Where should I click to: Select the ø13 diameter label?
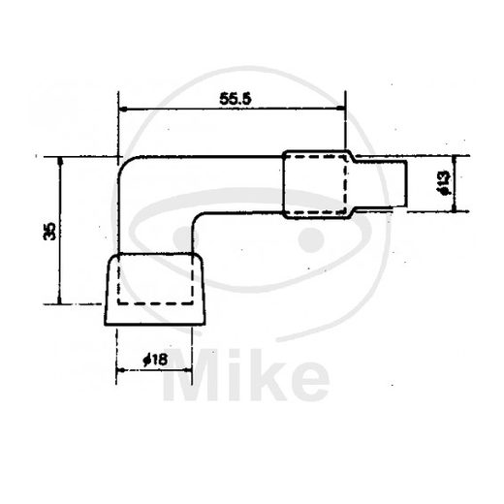tap(441, 183)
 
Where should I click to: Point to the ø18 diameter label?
tap(155, 361)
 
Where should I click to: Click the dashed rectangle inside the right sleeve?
tap(317, 183)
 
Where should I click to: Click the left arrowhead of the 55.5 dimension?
tap(122, 110)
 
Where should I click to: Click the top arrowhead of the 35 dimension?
tap(59, 162)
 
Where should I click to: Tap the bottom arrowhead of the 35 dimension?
tap(59, 300)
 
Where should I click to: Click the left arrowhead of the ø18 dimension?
tap(120, 371)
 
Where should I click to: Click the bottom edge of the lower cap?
tap(159, 324)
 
